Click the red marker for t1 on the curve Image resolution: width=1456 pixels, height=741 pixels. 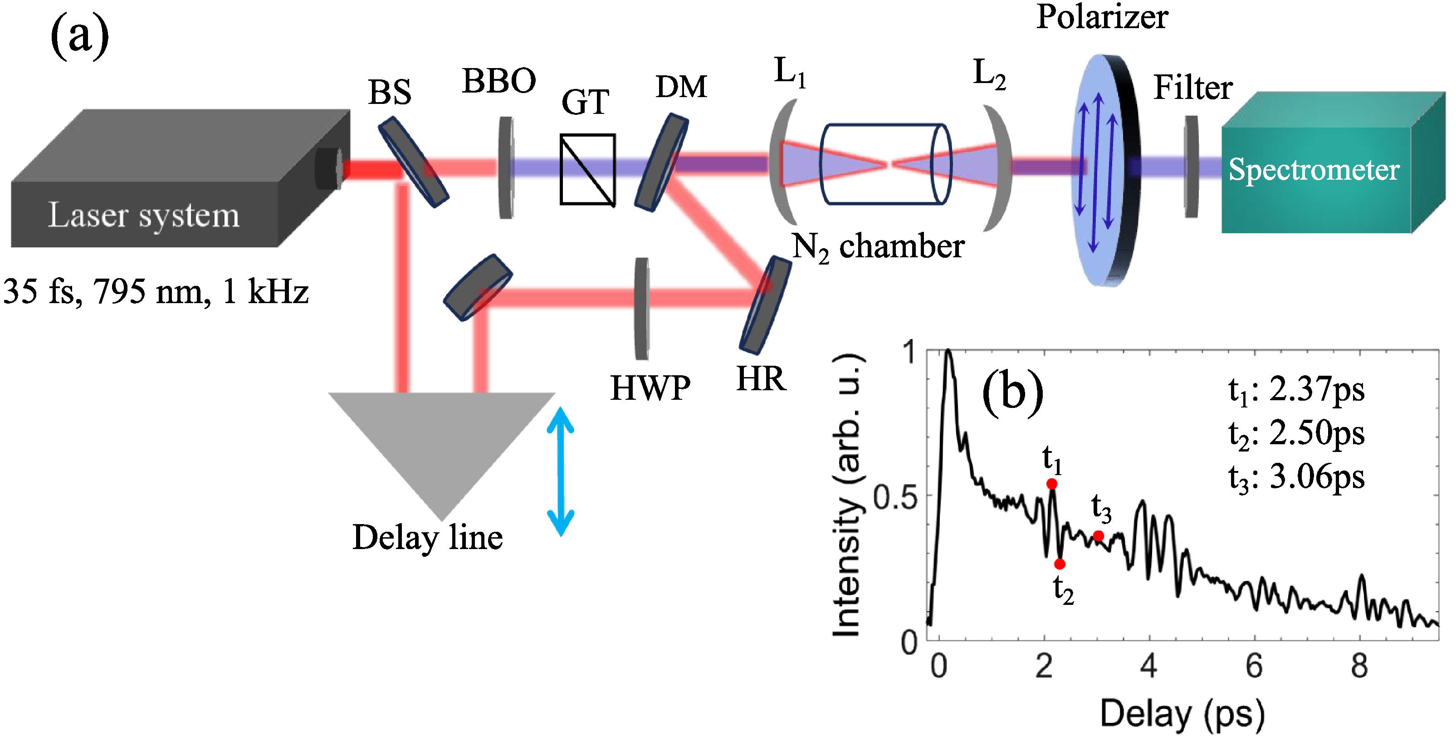click(1052, 484)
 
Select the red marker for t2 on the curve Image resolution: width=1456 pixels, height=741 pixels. click(1060, 564)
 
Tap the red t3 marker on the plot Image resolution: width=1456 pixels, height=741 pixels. click(1098, 535)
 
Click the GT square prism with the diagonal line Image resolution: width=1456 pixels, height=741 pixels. click(587, 169)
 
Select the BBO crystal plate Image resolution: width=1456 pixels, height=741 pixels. click(506, 167)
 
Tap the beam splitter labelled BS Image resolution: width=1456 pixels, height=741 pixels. click(413, 162)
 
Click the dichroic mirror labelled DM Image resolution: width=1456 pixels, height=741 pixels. click(662, 163)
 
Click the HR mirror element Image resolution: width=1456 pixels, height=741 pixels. click(765, 305)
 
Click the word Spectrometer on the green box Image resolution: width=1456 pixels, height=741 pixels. click(1314, 170)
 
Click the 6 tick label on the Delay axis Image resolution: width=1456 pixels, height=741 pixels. click(1254, 666)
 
